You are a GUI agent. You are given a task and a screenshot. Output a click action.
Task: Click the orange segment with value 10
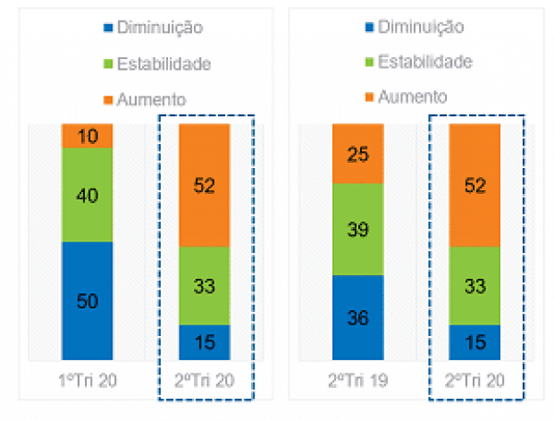(87, 136)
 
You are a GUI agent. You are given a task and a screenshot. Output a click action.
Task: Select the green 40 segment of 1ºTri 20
(87, 194)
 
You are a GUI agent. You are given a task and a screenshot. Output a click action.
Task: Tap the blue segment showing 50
(87, 300)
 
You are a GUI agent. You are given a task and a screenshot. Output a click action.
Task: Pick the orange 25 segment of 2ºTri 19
(357, 154)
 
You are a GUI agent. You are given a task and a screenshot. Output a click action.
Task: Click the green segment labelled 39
(357, 229)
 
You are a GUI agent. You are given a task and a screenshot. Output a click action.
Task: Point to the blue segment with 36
(357, 317)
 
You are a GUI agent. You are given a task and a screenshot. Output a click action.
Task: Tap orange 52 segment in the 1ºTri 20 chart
(205, 185)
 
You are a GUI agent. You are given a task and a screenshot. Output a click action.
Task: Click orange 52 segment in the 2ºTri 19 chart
(474, 185)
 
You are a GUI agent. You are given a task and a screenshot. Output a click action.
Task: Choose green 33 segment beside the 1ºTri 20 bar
(205, 285)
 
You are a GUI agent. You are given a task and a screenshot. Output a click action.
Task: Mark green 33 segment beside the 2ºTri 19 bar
(474, 285)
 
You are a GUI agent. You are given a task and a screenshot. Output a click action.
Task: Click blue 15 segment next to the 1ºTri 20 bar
(205, 341)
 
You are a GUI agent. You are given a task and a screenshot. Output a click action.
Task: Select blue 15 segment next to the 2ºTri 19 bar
(474, 341)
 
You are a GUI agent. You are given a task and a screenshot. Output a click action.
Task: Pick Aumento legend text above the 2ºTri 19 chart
(412, 97)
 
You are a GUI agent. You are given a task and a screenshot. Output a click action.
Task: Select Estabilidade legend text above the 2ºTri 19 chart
(425, 62)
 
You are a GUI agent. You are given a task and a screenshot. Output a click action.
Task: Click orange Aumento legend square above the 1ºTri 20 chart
(108, 97)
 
